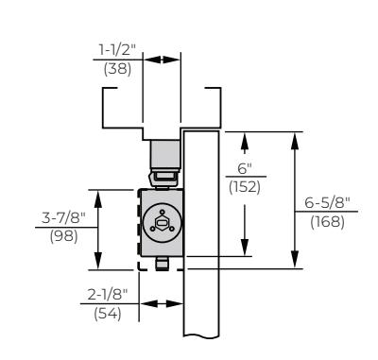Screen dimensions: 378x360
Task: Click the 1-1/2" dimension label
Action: pyautogui.click(x=117, y=50)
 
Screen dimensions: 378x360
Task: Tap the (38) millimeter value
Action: pyautogui.click(x=117, y=69)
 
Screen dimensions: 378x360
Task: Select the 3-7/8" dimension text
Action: pyautogui.click(x=63, y=217)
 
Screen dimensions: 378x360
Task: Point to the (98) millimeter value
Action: pyautogui.click(x=63, y=236)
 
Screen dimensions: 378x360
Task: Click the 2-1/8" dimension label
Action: pyautogui.click(x=108, y=295)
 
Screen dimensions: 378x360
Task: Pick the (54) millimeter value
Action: pyautogui.click(x=108, y=314)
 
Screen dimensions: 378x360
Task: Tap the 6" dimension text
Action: pyautogui.click(x=245, y=168)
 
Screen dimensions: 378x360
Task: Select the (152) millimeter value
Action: pyautogui.click(x=245, y=187)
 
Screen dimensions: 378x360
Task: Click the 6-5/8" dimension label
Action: pyautogui.click(x=327, y=202)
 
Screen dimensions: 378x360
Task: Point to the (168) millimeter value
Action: pyautogui.click(x=327, y=222)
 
